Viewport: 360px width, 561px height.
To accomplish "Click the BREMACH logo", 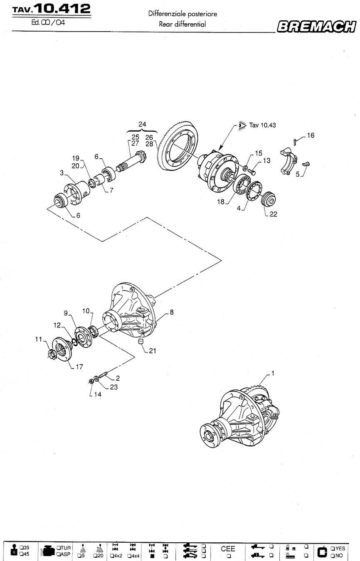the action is (x=316, y=27).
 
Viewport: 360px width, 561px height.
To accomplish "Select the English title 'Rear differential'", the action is (x=182, y=24).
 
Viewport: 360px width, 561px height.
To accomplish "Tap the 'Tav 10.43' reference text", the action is (x=262, y=125).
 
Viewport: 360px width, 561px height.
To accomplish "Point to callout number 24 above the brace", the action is (x=142, y=124).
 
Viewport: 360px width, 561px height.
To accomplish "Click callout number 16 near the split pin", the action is (x=311, y=135).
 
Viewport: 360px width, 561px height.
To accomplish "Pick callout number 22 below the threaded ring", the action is (x=273, y=214).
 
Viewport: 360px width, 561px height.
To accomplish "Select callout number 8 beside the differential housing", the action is (x=172, y=312).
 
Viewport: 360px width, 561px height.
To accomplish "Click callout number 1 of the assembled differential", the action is (x=273, y=374).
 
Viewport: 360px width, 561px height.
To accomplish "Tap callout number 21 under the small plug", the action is (x=152, y=351).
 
